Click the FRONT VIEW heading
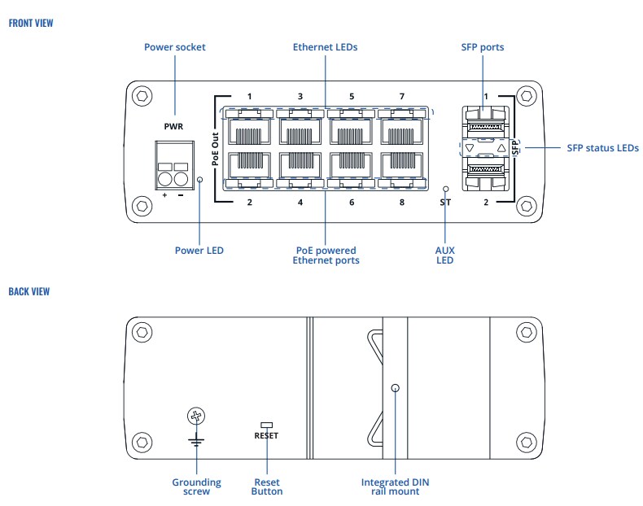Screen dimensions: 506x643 point(30,23)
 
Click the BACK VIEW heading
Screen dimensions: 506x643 point(28,290)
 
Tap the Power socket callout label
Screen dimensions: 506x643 point(175,47)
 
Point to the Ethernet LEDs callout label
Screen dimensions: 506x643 point(325,47)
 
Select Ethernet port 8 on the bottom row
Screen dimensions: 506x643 point(401,168)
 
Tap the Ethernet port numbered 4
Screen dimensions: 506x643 point(300,168)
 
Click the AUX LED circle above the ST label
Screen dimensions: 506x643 point(444,186)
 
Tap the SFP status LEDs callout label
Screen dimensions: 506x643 point(602,148)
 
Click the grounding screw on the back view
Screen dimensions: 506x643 point(195,417)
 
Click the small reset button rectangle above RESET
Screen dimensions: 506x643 point(266,425)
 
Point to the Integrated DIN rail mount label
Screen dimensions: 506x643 point(395,486)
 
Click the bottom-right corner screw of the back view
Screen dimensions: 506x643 point(527,443)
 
